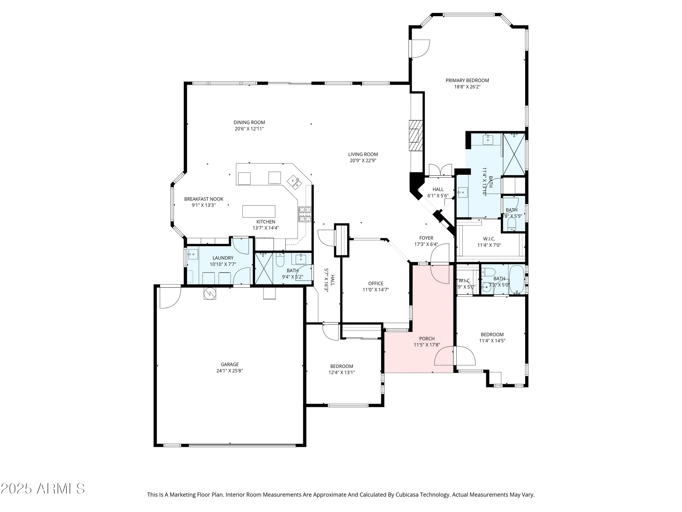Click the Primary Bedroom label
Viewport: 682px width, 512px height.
(467, 81)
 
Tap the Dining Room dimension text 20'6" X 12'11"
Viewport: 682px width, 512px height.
(249, 129)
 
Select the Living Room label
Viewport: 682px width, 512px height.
(363, 154)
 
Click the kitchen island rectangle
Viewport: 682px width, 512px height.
(259, 211)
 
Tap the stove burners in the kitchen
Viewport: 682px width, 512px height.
(305, 214)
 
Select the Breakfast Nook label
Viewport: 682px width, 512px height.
(204, 199)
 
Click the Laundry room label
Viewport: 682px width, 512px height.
(223, 258)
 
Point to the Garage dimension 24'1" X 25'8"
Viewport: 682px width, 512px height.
(229, 371)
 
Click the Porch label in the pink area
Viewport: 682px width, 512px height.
(427, 339)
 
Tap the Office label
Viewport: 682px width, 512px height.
(375, 284)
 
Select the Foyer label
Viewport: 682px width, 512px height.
(426, 238)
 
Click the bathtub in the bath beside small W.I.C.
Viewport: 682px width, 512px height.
(517, 280)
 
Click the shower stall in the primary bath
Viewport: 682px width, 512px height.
(514, 154)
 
